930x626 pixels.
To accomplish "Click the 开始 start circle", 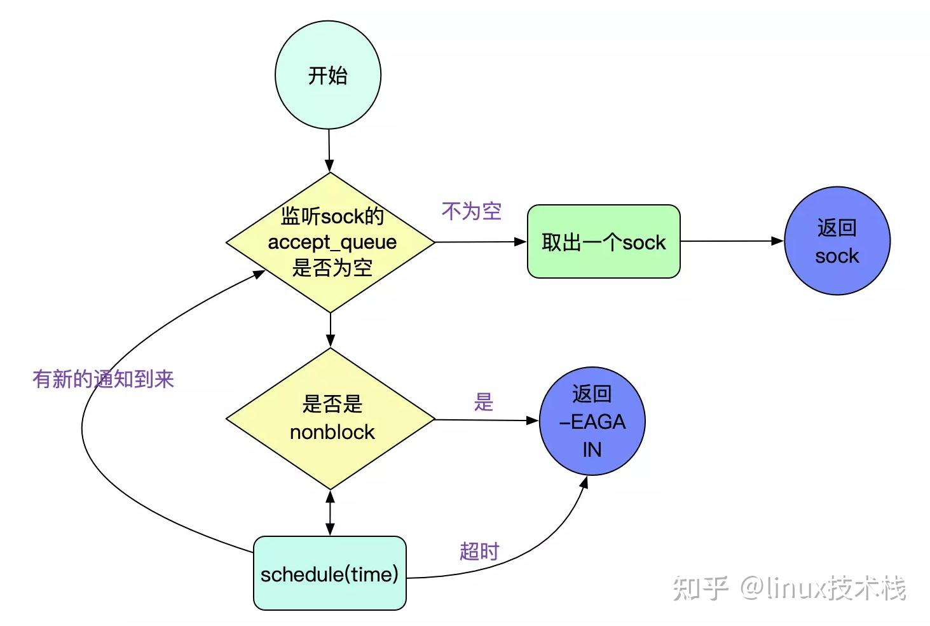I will point(328,75).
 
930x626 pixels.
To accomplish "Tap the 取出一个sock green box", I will point(603,242).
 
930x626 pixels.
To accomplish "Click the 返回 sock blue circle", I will point(837,241).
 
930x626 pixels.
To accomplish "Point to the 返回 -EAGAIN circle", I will point(592,422).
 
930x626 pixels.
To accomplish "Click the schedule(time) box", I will point(329,574).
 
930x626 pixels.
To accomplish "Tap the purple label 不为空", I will point(472,211).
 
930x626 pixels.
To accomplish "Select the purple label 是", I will point(483,402).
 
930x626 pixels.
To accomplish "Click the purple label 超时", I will point(479,551).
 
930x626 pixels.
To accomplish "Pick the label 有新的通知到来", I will point(103,379).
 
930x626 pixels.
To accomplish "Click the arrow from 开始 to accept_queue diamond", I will point(329,150).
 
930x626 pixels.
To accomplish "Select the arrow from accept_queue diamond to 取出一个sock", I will point(481,242).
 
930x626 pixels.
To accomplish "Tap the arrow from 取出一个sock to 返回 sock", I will point(731,241).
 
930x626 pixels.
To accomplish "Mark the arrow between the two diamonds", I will point(331,330).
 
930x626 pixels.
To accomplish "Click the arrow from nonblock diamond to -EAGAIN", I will point(486,420).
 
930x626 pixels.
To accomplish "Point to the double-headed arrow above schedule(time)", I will point(330,513).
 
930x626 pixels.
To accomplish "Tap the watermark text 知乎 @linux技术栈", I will point(789,587).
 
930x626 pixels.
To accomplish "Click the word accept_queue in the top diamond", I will point(332,242).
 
